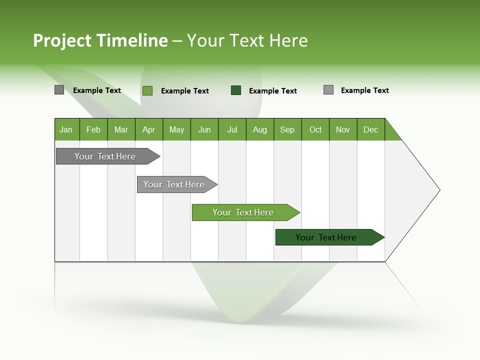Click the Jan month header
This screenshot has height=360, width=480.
[66, 129]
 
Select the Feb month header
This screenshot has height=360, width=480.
[93, 129]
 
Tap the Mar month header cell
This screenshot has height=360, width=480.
[121, 129]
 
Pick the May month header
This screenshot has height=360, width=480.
[176, 129]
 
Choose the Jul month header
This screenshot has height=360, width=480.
[232, 129]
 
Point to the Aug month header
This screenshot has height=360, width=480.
[260, 129]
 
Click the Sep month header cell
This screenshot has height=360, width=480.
[287, 129]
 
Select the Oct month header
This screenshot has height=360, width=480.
[315, 129]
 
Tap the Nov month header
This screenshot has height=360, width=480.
[343, 129]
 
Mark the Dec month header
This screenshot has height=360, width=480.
[371, 129]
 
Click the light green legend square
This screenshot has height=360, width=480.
[147, 90]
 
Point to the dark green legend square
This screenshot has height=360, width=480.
[236, 90]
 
